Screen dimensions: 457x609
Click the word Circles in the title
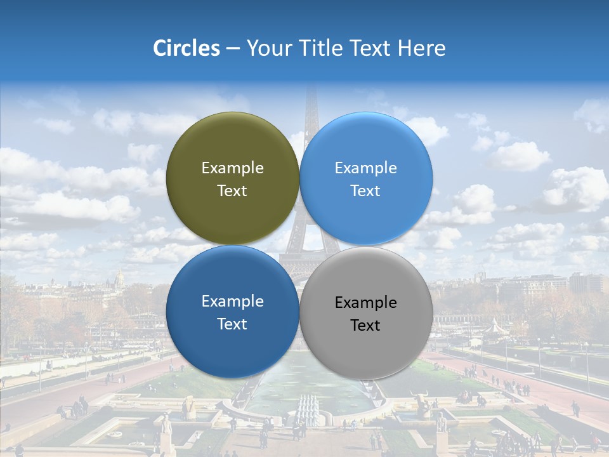pos(186,48)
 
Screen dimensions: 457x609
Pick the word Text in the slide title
pos(371,48)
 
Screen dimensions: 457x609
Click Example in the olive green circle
pos(232,168)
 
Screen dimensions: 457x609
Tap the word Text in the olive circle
pos(232,191)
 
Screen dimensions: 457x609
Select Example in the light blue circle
pos(365,168)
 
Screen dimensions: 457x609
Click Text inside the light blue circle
pos(365,191)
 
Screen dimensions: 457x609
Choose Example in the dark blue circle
pos(232,301)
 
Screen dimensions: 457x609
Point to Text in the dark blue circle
pos(232,324)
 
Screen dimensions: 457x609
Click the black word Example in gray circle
pos(365,303)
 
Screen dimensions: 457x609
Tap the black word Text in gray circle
pos(365,326)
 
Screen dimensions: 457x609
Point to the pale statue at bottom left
pos(166,424)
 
